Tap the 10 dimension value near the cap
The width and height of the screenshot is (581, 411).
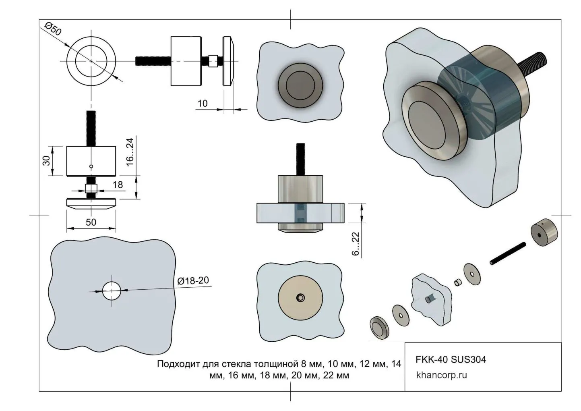click(x=203, y=104)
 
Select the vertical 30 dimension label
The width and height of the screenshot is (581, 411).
click(x=47, y=160)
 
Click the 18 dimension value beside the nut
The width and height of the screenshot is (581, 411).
click(x=118, y=185)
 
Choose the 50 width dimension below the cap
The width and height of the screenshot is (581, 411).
click(x=91, y=222)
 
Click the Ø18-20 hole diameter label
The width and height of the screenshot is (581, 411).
click(x=193, y=280)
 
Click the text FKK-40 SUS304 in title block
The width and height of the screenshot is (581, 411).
click(x=451, y=359)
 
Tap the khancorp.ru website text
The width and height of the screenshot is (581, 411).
click(x=441, y=375)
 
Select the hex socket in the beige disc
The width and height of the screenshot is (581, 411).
click(x=300, y=298)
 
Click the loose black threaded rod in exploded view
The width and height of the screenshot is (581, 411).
click(x=508, y=253)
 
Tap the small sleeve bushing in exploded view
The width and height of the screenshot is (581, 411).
click(x=457, y=282)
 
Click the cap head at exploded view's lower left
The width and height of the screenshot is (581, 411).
click(x=379, y=327)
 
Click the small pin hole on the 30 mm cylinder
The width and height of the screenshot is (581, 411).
click(x=91, y=166)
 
